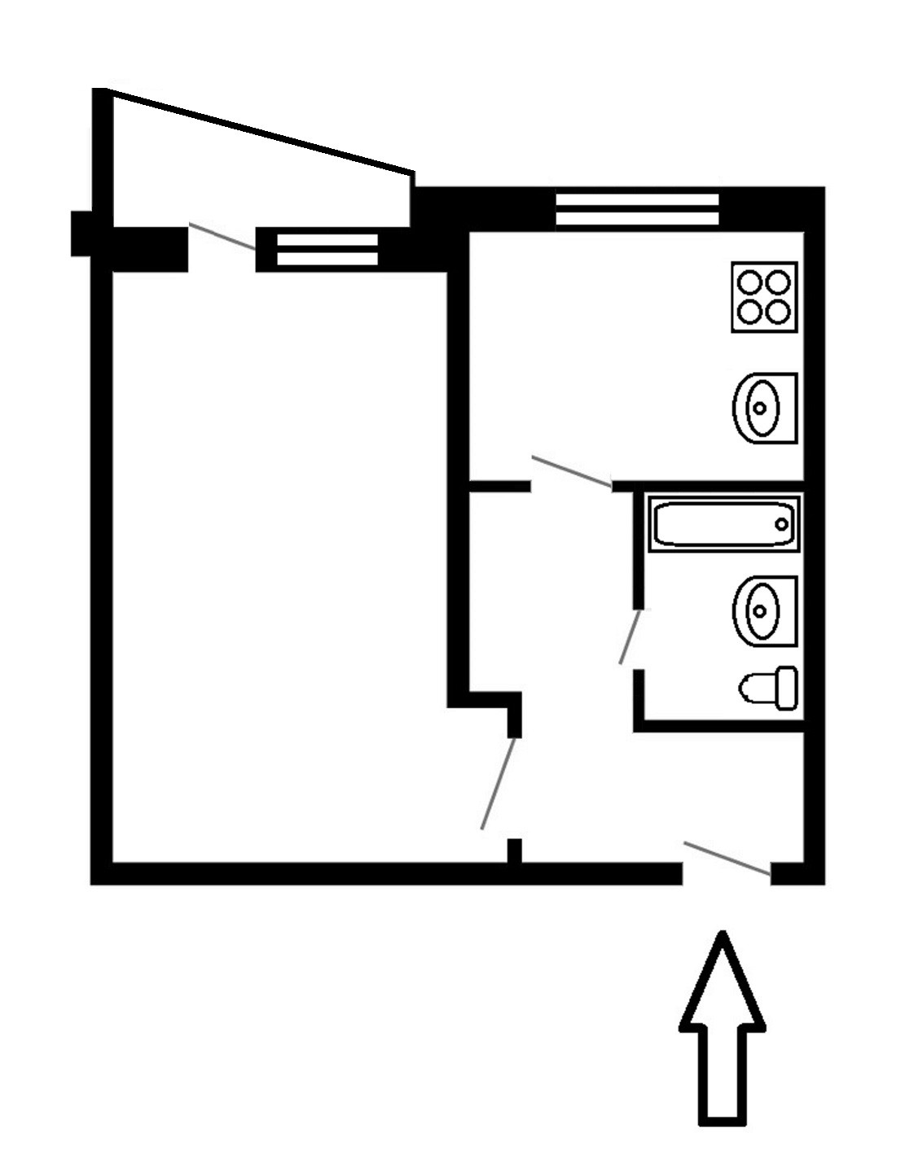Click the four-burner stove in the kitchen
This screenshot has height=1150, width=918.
coord(763,297)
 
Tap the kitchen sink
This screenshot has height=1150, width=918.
coord(764,408)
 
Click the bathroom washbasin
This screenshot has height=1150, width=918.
coord(764,610)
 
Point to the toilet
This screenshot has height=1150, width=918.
coord(767,688)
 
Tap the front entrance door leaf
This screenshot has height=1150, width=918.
coord(727,859)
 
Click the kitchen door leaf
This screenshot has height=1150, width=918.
coord(571,472)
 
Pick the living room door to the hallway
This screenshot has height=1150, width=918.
coord(498,783)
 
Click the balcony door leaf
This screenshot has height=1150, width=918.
coord(222,236)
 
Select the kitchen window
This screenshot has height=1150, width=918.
coord(637,209)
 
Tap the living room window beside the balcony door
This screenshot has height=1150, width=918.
coord(327,250)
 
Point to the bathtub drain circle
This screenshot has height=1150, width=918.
coord(782,524)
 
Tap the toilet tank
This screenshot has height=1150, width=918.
coord(786,688)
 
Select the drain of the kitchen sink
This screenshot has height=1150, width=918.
coord(760,408)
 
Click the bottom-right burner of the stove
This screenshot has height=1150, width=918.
coord(779,312)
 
